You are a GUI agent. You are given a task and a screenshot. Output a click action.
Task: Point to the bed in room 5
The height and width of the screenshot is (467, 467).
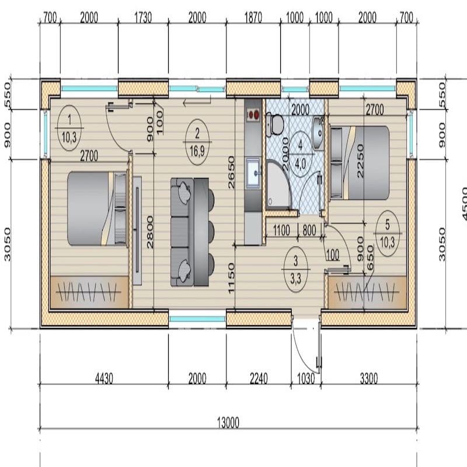point(359,162)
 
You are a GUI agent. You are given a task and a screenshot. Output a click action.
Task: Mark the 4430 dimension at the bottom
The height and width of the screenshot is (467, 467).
point(103,378)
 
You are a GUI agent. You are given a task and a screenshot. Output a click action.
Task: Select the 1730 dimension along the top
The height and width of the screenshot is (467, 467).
point(142,18)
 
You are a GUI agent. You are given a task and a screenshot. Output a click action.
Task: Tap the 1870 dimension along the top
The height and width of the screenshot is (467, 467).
point(253,18)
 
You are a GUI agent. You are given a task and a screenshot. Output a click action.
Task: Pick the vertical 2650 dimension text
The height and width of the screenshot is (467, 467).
point(232,173)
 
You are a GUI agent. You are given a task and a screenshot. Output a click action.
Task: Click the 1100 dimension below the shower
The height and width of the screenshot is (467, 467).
point(281,230)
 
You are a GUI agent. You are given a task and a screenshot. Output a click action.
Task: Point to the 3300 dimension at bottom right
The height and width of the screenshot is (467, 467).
point(368,378)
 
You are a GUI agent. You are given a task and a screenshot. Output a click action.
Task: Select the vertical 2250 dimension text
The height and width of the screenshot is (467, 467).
point(360,163)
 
